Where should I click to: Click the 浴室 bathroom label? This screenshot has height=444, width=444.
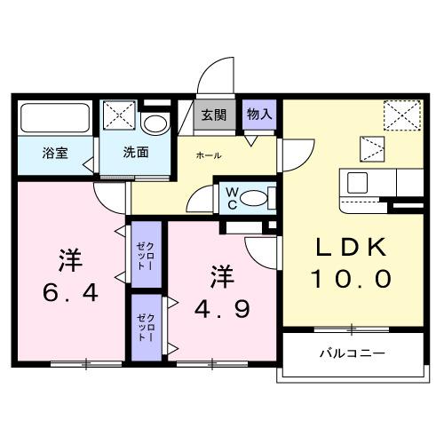(55, 152)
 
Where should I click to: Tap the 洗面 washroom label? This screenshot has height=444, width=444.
(136, 151)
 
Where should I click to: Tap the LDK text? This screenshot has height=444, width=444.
(350, 248)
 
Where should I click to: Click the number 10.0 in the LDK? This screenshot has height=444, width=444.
(350, 281)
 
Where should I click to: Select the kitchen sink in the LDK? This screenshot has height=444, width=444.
(358, 184)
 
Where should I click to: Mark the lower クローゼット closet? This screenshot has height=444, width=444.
(145, 327)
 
